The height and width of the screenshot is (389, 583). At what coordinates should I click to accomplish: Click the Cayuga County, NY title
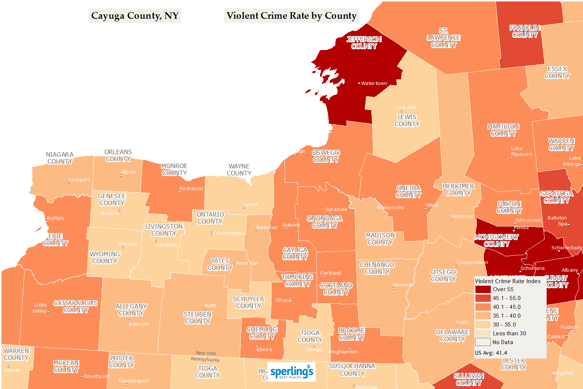point(134,16)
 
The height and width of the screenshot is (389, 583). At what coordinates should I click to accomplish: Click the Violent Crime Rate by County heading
point(291,16)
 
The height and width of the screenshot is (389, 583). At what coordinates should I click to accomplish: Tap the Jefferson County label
point(364,43)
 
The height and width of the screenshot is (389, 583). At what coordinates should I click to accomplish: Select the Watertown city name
point(374,83)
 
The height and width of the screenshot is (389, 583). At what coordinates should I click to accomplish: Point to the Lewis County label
point(407,121)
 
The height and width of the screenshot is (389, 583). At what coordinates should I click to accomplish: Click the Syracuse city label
point(336,210)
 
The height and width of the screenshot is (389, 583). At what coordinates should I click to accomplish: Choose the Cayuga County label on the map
point(295,254)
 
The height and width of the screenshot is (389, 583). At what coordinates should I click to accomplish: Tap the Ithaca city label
point(283,300)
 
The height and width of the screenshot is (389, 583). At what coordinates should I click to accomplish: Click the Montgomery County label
point(496,240)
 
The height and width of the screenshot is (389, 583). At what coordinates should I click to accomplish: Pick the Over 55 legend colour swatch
point(483,289)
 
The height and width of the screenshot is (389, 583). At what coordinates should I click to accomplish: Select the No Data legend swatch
point(483,342)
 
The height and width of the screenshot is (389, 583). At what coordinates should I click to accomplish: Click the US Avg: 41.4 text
point(491,353)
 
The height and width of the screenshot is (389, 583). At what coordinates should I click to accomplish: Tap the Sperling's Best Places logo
point(291,372)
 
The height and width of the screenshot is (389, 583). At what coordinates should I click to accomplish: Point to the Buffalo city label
point(55,218)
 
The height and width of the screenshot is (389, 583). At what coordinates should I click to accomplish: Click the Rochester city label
point(191,189)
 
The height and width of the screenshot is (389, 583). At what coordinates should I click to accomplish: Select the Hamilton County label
point(503,130)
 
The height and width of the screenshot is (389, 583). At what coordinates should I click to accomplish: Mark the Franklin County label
point(525,31)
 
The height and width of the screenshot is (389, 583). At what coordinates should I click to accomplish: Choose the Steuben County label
point(198,318)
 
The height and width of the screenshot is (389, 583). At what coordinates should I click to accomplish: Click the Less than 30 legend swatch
point(483,333)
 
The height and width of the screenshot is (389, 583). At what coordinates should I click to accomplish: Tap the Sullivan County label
point(469,379)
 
